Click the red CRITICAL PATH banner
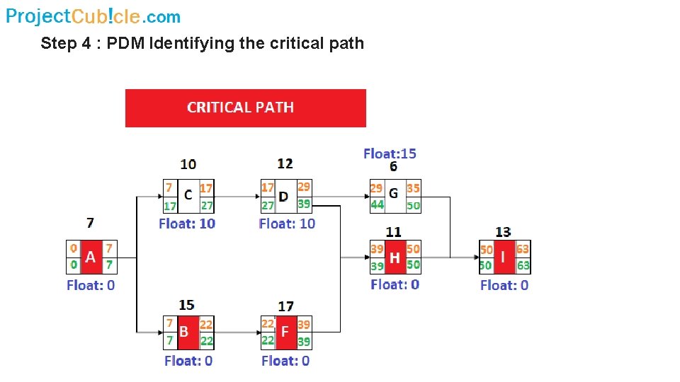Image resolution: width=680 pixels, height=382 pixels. [245, 108]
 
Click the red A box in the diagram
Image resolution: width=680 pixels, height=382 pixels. [91, 257]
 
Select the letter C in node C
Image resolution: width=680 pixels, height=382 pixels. [188, 195]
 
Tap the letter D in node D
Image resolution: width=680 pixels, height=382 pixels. [284, 195]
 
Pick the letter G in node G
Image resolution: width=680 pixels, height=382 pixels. [394, 193]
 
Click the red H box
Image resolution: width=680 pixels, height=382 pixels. [395, 257]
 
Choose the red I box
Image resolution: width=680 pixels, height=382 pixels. [504, 257]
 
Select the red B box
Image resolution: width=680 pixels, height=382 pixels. [187, 332]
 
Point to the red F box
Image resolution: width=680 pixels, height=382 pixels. [285, 332]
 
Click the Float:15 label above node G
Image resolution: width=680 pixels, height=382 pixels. [390, 153]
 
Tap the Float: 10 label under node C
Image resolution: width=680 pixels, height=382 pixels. [187, 224]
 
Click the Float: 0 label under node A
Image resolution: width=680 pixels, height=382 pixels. [91, 285]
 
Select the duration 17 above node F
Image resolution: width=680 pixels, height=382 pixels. [285, 306]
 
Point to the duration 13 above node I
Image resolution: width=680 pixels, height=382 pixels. [503, 232]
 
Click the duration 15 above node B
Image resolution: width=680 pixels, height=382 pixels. [186, 305]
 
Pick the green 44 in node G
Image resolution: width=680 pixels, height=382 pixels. [377, 204]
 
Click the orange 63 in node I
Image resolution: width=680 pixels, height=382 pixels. [523, 250]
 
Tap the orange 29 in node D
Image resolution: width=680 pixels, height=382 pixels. [303, 187]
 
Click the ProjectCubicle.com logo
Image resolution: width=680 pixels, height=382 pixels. [93, 16]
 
